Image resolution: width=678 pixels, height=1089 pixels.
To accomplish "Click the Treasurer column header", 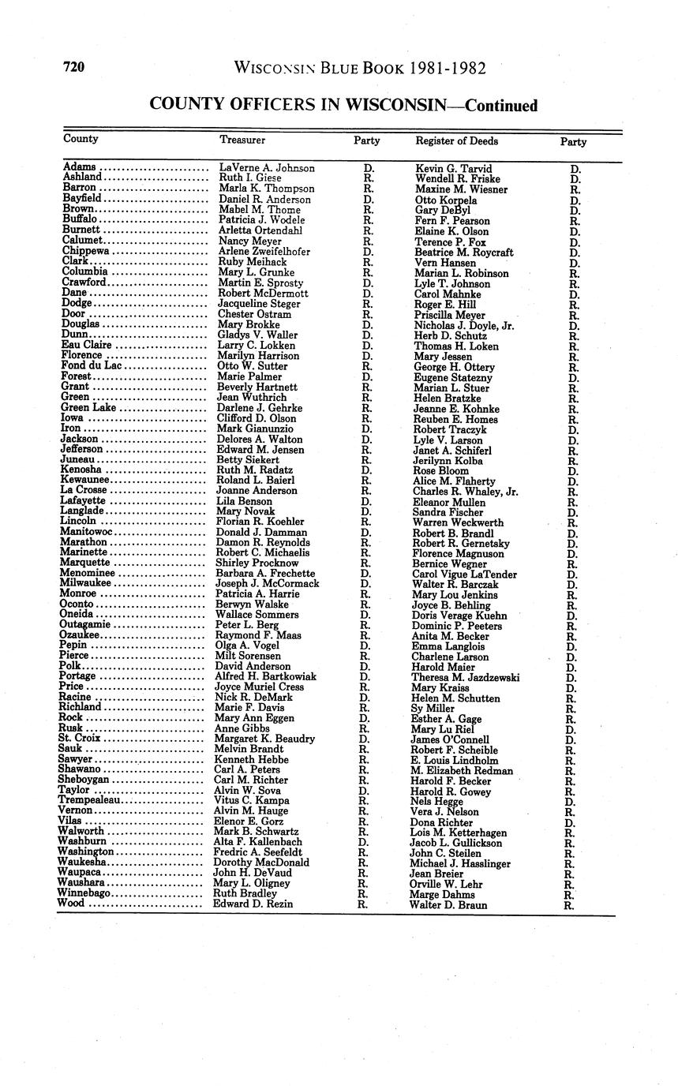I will (x=242, y=140).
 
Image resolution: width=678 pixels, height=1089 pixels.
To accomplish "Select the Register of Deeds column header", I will (x=456, y=141).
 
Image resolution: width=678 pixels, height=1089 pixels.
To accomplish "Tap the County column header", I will (x=81, y=139).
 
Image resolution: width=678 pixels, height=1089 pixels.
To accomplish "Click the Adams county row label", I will (x=80, y=167).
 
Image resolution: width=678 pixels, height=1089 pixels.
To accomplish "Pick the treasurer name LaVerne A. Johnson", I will (x=266, y=168).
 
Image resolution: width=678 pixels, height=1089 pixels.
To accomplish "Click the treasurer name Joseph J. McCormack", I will (x=268, y=584).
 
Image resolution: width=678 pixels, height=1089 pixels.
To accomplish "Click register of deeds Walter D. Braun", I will (x=448, y=905).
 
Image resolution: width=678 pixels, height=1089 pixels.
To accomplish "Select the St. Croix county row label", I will (x=80, y=739).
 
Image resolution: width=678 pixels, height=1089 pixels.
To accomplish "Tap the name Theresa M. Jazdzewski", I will (x=465, y=677).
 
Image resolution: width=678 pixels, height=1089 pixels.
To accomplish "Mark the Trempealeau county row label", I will (x=90, y=800).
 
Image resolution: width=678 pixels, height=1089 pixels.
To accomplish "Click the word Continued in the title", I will (x=500, y=106).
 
